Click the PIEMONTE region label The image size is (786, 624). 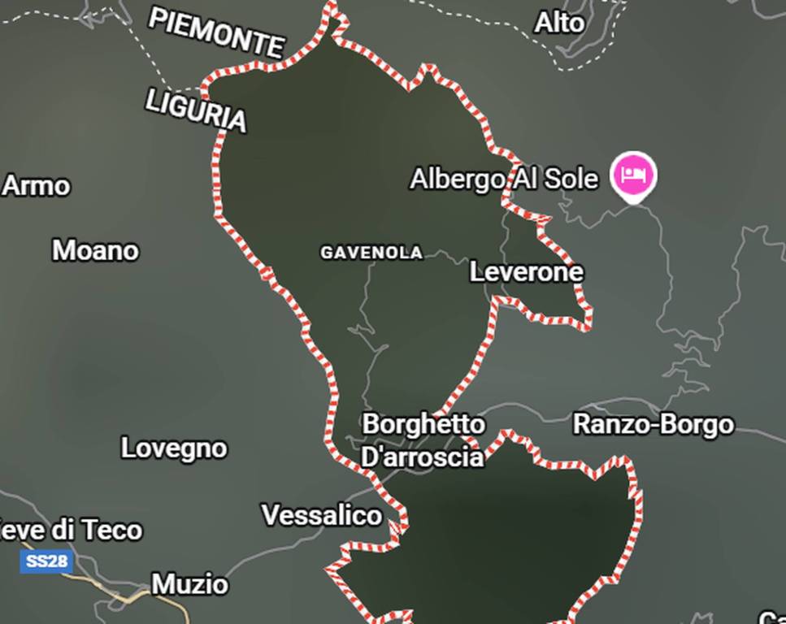(x=216, y=32)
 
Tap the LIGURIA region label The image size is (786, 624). (x=196, y=110)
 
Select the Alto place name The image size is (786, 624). (x=559, y=23)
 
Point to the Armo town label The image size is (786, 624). (x=37, y=186)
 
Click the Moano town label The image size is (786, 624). (x=95, y=250)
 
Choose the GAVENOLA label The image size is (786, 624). (x=371, y=253)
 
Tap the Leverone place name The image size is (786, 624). (x=527, y=272)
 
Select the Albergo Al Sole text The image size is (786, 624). (x=504, y=179)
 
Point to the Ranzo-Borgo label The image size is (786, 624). (x=654, y=424)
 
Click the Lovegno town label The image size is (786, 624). (x=174, y=448)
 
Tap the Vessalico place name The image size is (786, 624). (x=321, y=515)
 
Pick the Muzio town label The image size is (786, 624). (x=190, y=584)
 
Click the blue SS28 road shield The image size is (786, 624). (x=45, y=561)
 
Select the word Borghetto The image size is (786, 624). (x=423, y=424)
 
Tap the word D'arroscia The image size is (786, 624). (x=422, y=457)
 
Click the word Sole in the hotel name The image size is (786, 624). (x=571, y=179)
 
